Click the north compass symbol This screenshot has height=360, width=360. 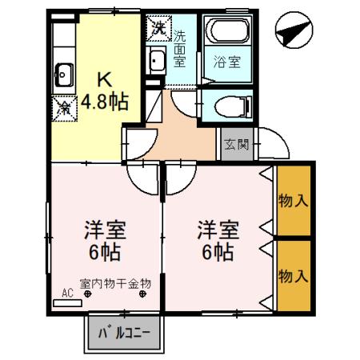tap(294, 30)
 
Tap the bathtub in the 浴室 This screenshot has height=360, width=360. tap(227, 30)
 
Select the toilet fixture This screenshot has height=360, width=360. tap(233, 106)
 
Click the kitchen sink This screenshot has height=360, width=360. tap(64, 75)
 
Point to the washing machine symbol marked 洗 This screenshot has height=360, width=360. tap(159, 28)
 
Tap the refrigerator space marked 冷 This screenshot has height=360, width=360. tap(64, 109)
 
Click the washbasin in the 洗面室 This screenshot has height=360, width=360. tap(157, 61)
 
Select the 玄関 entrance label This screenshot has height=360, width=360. tap(237, 144)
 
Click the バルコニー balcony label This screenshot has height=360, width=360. tap(125, 333)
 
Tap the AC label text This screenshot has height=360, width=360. tap(67, 294)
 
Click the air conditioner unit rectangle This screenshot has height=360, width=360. tap(67, 303)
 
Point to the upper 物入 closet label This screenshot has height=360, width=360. tap(294, 201)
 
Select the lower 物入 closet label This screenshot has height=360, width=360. tap(294, 276)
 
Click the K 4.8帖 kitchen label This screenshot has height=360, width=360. tap(105, 91)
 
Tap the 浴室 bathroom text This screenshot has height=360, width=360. tap(227, 62)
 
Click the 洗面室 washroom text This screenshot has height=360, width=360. tap(179, 49)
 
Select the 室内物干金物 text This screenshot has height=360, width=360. tap(115, 284)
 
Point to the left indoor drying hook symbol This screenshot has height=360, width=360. tap(87, 294)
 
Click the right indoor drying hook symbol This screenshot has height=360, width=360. tap(142, 294)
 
